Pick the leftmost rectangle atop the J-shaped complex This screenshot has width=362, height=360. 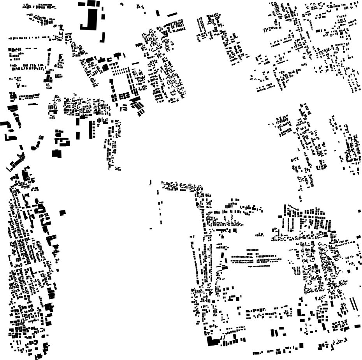[x=83, y=4]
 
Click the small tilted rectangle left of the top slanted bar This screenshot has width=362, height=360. [x=158, y=13]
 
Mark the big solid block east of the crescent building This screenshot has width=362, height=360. [x=57, y=154]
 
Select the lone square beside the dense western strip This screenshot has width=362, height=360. [x=63, y=212]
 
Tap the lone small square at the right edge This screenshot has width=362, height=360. [x=360, y=211]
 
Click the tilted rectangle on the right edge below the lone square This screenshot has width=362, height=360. [x=358, y=236]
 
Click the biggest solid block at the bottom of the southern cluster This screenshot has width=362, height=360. [x=213, y=342]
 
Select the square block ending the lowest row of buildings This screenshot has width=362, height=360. [x=301, y=345]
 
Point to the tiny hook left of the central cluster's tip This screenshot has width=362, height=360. [x=150, y=182]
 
